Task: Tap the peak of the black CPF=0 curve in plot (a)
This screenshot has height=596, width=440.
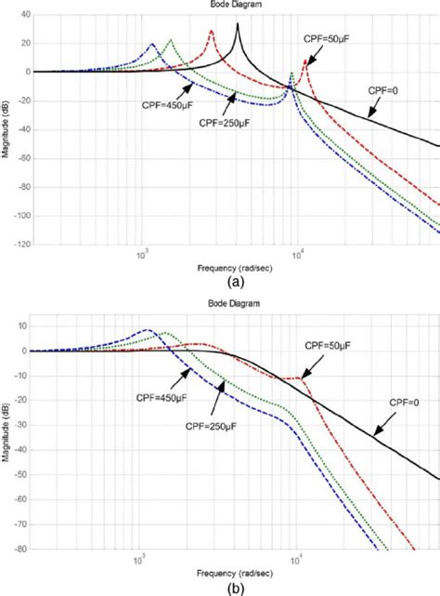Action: click(x=238, y=24)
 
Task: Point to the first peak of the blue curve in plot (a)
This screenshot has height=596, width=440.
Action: click(x=152, y=44)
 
